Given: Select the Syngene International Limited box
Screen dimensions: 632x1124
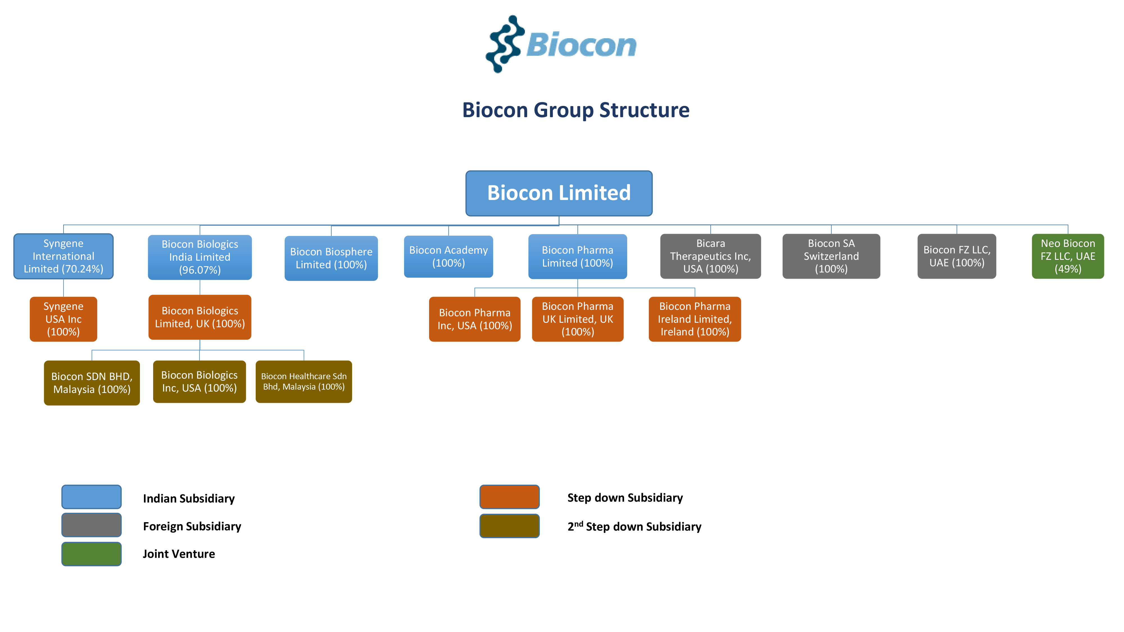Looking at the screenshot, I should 63,256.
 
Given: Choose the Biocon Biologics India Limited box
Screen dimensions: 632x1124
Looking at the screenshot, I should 200,257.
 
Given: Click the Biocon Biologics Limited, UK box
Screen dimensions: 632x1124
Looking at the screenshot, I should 200,317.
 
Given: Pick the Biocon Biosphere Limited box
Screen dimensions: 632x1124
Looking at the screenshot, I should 331,258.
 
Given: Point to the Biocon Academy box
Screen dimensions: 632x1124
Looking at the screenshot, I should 448,256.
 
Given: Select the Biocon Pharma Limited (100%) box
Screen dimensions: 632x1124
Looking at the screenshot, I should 577,256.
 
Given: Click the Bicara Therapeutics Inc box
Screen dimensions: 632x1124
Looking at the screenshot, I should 710,256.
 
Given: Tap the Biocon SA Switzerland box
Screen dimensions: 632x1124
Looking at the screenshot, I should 831,256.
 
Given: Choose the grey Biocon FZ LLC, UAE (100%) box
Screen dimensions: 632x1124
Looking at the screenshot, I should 957,256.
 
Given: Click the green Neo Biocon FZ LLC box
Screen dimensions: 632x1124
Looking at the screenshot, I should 1068,256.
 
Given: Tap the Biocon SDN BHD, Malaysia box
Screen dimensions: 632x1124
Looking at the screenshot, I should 92,383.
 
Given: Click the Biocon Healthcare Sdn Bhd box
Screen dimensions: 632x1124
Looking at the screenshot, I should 304,381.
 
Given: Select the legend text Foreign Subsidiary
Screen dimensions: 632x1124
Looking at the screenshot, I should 192,526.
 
